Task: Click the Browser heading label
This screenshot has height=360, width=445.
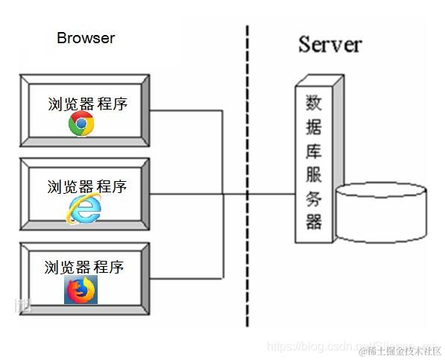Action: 86,38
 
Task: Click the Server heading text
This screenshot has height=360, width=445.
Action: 329,44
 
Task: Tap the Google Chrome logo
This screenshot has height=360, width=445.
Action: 81,124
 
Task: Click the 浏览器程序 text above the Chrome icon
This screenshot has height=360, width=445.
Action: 87,104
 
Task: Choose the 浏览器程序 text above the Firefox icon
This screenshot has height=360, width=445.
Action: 83,267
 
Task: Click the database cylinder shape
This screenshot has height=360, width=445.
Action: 381,214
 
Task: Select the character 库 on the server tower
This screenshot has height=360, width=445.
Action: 314,151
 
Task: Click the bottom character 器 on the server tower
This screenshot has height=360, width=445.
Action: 314,221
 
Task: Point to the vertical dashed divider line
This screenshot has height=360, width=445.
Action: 247,179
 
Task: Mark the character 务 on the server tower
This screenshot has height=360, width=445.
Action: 314,198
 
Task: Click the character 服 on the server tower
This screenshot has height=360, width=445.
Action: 314,174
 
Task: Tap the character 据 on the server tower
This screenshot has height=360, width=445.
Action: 314,127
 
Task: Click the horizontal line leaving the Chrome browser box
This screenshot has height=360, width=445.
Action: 186,111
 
